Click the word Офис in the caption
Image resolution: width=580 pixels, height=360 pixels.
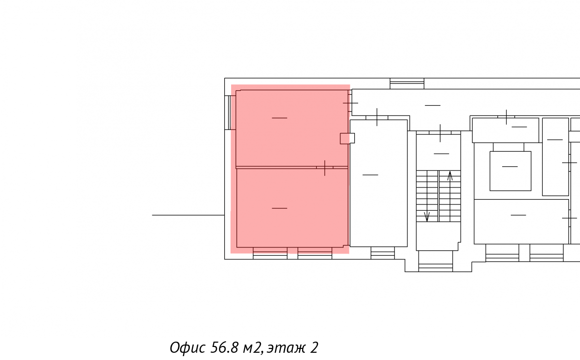pyautogui.click(x=188, y=348)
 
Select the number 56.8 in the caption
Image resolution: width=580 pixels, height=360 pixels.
pyautogui.click(x=224, y=347)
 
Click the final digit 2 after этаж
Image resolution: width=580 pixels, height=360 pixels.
pyautogui.click(x=314, y=347)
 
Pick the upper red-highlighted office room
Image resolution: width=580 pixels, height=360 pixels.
pyautogui.click(x=292, y=129)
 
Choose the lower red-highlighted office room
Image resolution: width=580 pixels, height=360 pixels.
pyautogui.click(x=292, y=208)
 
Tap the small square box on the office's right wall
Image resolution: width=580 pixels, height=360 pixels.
pyautogui.click(x=347, y=139)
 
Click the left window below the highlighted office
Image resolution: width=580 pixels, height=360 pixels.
pyautogui.click(x=270, y=253)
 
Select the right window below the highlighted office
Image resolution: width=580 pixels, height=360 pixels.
pyautogui.click(x=315, y=253)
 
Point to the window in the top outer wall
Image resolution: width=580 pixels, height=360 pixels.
pyautogui.click(x=407, y=84)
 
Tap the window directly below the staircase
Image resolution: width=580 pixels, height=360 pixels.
pyautogui.click(x=435, y=267)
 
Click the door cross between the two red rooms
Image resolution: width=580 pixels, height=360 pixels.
pyautogui.click(x=325, y=168)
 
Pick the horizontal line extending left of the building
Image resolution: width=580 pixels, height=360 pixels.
pyautogui.click(x=188, y=215)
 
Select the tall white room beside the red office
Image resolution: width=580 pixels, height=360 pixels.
pyautogui.click(x=378, y=183)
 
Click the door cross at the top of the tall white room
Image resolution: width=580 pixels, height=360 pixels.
pyautogui.click(x=377, y=117)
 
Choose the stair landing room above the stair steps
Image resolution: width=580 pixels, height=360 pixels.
pyautogui.click(x=438, y=152)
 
